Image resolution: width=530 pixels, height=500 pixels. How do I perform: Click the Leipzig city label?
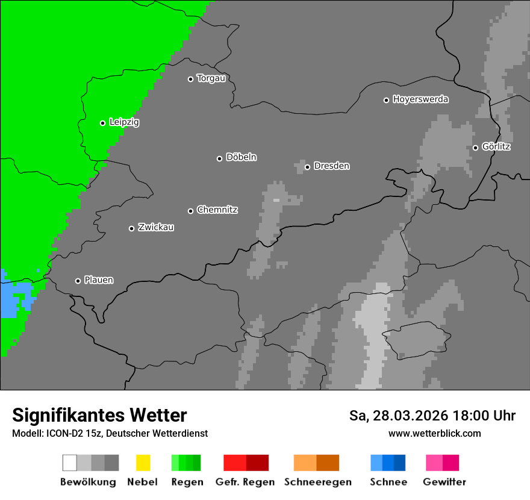[124, 122]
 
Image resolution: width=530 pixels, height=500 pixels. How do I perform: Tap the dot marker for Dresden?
[307, 167]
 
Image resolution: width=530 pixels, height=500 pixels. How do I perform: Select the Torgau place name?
[211, 78]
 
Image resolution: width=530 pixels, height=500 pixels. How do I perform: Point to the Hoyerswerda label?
[420, 99]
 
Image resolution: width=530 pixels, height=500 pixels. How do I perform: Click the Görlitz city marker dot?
[475, 148]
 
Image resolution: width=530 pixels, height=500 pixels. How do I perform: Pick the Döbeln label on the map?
[241, 157]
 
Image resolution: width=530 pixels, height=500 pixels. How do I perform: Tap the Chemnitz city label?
[217, 210]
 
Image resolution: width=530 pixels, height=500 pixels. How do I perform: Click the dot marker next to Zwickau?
[131, 228]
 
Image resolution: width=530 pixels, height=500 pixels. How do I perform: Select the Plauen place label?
[99, 280]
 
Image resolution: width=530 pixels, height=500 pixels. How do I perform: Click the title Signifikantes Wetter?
[99, 415]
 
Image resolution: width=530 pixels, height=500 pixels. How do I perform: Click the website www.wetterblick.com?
[434, 433]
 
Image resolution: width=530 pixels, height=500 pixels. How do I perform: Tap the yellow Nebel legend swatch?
[143, 463]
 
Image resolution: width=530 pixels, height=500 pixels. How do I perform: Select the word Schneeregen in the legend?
[317, 482]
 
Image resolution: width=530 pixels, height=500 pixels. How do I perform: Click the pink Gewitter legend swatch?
[434, 463]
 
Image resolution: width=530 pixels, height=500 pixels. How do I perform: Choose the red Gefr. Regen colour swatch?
[235, 463]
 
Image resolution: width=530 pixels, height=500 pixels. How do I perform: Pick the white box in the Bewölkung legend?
[70, 463]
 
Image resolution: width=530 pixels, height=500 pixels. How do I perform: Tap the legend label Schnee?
[388, 482]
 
